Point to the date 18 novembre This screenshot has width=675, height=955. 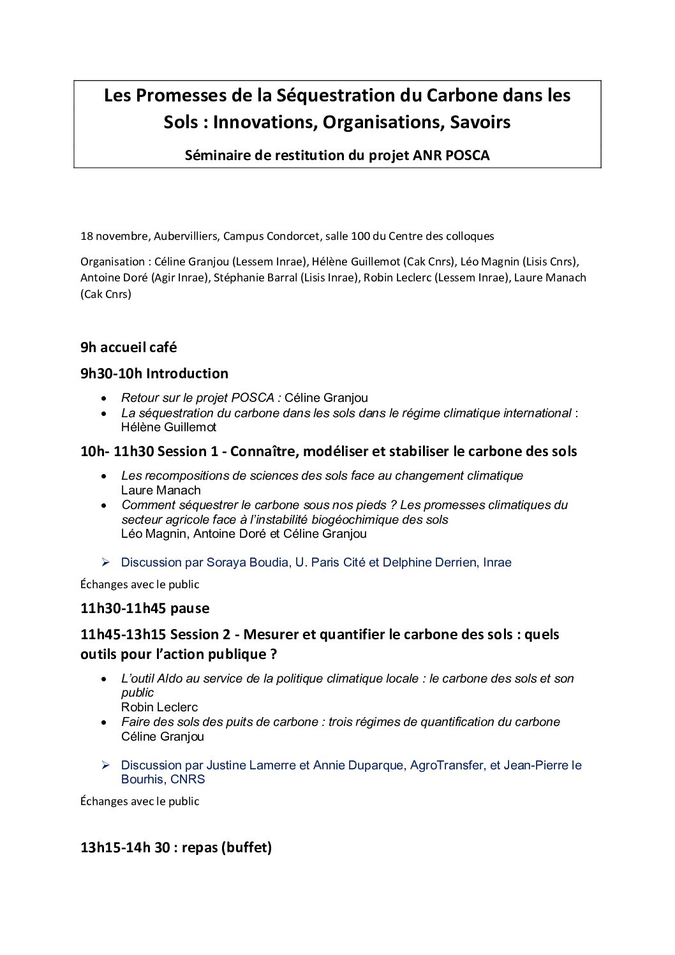tap(114, 236)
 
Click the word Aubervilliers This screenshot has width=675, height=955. tap(186, 236)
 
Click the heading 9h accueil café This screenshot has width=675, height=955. tap(128, 348)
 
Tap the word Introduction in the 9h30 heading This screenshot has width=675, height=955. tap(187, 374)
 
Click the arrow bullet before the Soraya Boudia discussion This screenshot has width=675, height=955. tap(107, 562)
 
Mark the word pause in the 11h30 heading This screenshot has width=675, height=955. tap(189, 609)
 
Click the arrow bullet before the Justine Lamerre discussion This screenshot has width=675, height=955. tap(107, 765)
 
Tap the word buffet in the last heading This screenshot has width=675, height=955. tap(246, 848)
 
